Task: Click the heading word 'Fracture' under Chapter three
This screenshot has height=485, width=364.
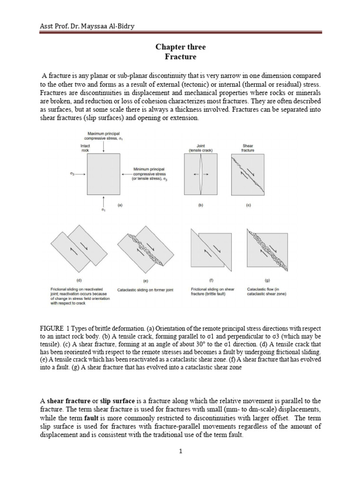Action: tap(181, 57)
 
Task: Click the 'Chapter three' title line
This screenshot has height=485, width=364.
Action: tap(181, 47)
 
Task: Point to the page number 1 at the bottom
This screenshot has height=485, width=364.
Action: tap(181, 451)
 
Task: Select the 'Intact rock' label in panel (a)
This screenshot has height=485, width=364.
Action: tap(85, 149)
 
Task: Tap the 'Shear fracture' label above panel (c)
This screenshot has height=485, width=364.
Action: tap(248, 148)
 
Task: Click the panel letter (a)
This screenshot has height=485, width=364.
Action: tap(120, 206)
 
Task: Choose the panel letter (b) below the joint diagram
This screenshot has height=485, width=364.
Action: tap(200, 206)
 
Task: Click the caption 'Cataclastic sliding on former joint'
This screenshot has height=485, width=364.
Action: tap(145, 289)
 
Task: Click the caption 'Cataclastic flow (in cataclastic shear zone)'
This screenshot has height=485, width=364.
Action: tap(266, 291)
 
